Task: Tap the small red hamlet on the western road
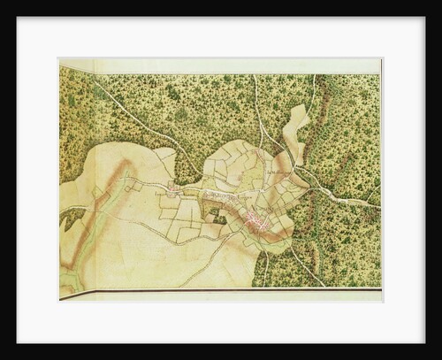click(174, 188)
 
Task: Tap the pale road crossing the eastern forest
click(349, 197)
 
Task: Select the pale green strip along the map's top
click(221, 66)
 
